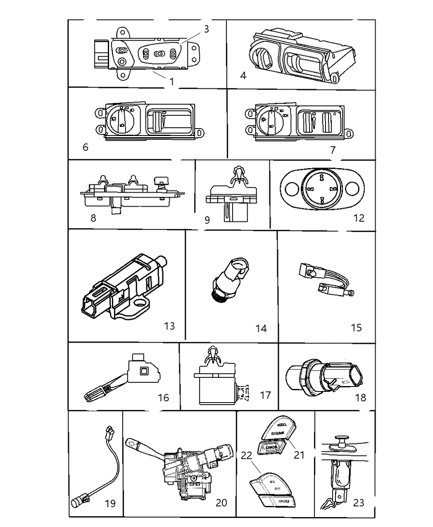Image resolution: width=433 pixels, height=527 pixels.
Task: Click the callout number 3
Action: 206,29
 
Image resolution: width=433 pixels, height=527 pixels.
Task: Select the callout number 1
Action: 172,81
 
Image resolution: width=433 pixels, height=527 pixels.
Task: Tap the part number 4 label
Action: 243,75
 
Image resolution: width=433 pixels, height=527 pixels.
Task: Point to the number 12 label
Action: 359,218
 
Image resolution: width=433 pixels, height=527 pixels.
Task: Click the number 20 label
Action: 221,502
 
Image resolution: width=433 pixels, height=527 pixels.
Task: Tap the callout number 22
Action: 246,455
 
